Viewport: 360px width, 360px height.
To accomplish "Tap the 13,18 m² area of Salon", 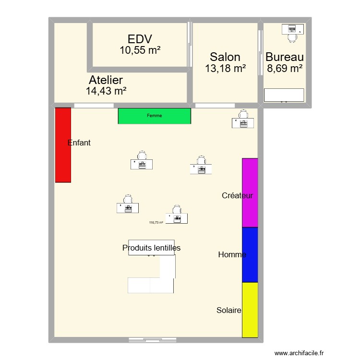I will (225, 69).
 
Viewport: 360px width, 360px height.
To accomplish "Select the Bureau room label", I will (285, 57).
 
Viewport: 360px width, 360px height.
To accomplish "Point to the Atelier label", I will (106, 80).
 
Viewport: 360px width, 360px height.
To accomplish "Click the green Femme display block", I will (155, 116).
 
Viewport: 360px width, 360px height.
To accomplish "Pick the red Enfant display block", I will (63, 145).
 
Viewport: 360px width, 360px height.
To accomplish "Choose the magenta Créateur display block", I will (250, 192).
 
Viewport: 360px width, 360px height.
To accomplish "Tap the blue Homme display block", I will (250, 254).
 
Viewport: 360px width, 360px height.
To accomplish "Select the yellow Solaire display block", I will (250, 310).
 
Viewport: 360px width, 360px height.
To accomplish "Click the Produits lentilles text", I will (151, 248).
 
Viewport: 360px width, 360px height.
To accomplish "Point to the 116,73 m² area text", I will (156, 222).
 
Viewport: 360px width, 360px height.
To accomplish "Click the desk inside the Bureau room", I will (292, 30).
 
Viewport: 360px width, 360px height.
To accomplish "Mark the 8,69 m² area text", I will (285, 68).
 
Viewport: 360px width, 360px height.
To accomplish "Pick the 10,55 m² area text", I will (140, 49).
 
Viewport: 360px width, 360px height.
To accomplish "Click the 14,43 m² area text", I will (106, 90).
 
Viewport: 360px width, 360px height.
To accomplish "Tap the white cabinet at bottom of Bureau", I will (284, 95).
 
